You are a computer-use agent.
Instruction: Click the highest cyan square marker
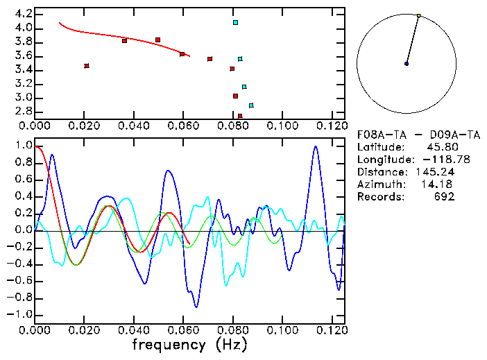(x=236, y=23)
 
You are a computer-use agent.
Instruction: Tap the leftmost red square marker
(x=87, y=66)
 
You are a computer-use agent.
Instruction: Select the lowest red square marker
(x=240, y=116)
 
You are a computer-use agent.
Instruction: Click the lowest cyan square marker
(x=251, y=105)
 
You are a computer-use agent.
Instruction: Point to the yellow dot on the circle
(x=419, y=15)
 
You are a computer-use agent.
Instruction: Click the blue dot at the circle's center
(x=407, y=64)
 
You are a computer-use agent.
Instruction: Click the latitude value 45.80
(x=441, y=147)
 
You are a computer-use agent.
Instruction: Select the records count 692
(x=445, y=197)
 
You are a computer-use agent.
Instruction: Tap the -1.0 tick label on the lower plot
(x=19, y=315)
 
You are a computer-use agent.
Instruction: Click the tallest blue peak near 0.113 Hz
(x=316, y=146)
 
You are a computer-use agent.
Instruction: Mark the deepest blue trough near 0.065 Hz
(x=196, y=307)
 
